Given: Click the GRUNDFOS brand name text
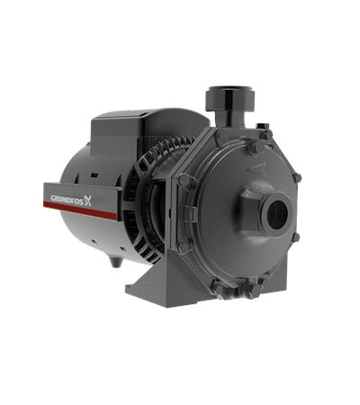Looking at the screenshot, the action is [x=67, y=198].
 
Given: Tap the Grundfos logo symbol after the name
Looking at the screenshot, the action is [x=87, y=200].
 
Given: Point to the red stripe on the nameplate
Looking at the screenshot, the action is [x=80, y=210].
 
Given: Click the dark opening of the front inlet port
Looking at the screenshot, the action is [x=277, y=213].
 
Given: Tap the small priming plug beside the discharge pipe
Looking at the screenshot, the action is [x=259, y=125].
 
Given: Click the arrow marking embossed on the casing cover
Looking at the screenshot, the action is [x=256, y=169].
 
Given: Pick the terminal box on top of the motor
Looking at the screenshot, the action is [x=150, y=130].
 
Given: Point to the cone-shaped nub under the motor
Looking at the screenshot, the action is [x=114, y=262].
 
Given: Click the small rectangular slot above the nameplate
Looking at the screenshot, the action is [x=94, y=175].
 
